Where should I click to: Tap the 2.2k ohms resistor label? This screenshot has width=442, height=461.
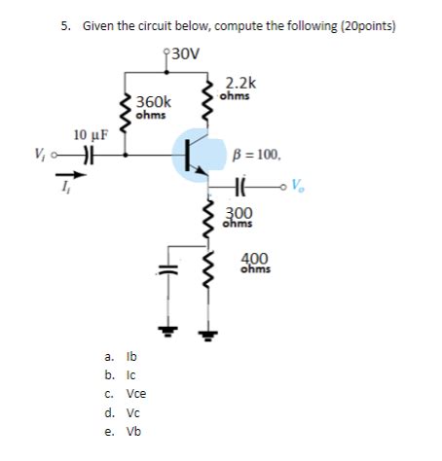click(239, 89)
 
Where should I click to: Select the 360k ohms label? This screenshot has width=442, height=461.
click(153, 107)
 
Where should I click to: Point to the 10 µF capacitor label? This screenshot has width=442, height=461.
click(91, 134)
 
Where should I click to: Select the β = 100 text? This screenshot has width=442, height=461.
click(257, 153)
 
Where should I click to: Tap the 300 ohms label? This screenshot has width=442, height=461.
click(239, 218)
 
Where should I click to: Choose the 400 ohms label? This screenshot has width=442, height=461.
click(255, 263)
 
